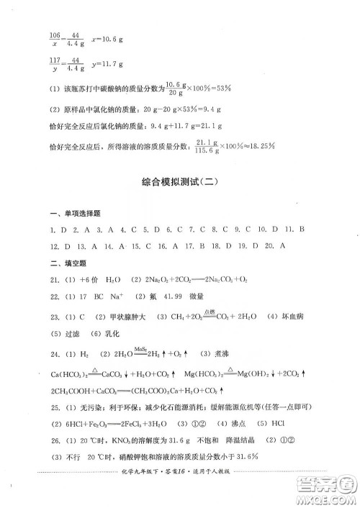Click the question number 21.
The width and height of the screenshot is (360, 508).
[53, 299]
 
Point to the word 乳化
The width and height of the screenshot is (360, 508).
[109, 354]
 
